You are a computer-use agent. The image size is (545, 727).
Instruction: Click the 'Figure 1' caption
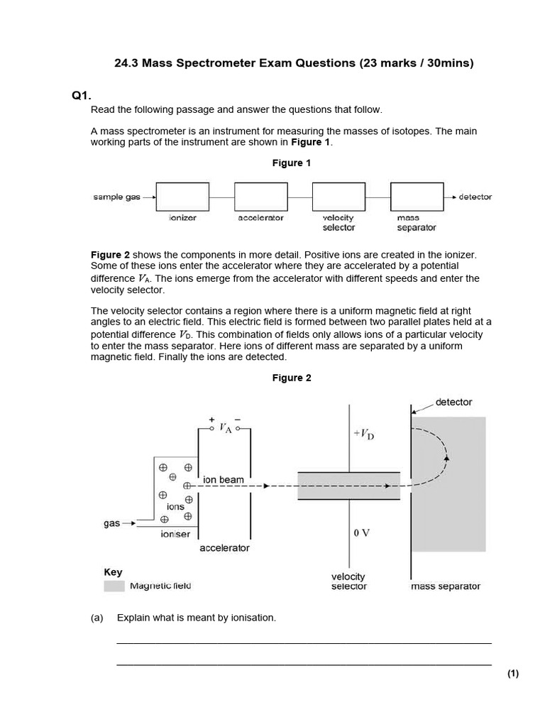[292, 163]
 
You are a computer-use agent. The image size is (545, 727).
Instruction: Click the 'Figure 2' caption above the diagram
[292, 378]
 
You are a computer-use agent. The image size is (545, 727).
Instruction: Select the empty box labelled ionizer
[182, 197]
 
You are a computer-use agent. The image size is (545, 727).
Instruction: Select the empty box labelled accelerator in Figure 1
[260, 197]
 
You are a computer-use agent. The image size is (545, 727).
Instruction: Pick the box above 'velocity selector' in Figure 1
[338, 197]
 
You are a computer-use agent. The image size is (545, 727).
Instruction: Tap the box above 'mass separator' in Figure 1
[417, 197]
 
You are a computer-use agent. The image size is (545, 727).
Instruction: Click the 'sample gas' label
[117, 197]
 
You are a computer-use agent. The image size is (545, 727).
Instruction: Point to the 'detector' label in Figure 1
[475, 197]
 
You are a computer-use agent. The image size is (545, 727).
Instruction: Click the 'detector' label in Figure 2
[453, 402]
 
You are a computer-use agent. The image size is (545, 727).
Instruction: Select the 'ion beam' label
[224, 480]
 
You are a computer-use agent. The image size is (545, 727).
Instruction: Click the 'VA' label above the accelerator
[226, 427]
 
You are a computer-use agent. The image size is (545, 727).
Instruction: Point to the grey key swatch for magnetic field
[114, 586]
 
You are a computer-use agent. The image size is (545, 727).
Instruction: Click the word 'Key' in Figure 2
[113, 572]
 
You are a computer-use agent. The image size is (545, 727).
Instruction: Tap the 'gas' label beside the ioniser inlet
[111, 523]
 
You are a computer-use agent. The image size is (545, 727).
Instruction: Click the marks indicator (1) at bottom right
[513, 674]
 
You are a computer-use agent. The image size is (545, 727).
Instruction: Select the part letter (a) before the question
[97, 618]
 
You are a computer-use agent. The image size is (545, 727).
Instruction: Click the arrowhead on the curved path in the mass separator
[446, 457]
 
